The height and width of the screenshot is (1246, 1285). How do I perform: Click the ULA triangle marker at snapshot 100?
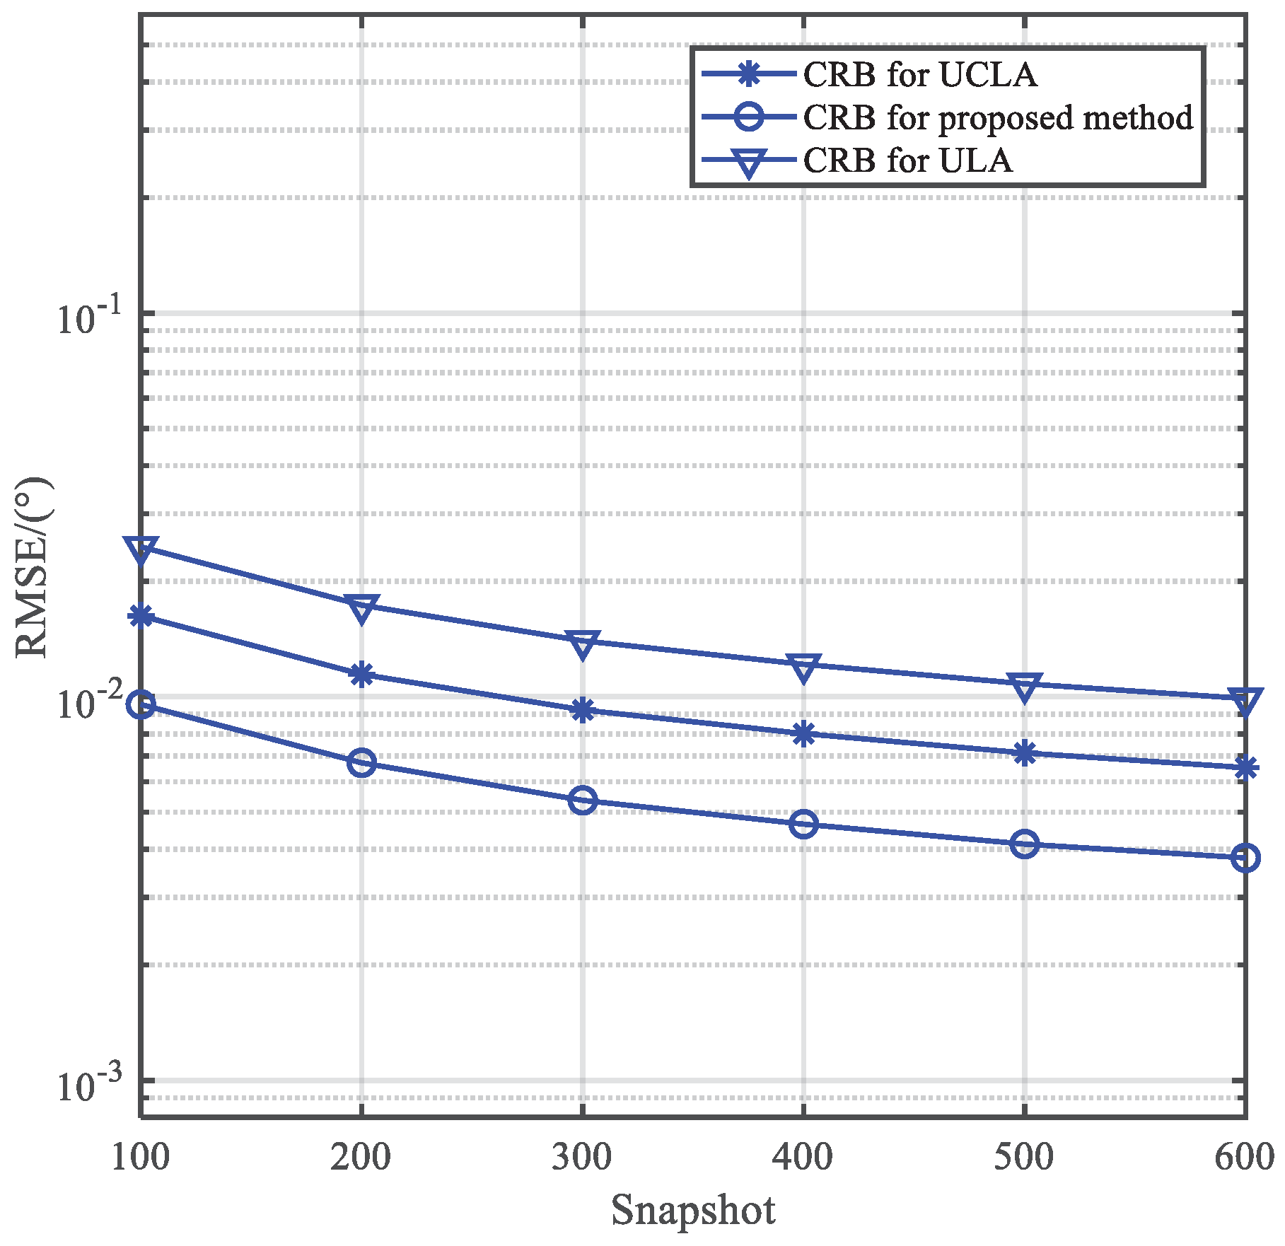[141, 548]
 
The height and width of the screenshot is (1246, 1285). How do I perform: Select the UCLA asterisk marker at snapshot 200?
[361, 674]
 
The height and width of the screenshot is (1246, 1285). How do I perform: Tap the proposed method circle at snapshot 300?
[582, 800]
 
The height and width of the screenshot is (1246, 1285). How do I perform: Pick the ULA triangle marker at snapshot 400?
[803, 665]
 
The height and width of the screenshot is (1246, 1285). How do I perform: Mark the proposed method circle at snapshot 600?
[1245, 858]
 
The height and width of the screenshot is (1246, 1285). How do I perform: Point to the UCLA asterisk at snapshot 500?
[1024, 752]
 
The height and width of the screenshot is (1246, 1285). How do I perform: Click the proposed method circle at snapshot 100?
[141, 704]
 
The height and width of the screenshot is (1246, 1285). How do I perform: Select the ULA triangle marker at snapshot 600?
[1245, 699]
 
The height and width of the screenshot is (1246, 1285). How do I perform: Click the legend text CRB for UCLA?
[919, 75]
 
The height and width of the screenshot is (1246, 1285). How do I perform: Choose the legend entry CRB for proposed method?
[997, 117]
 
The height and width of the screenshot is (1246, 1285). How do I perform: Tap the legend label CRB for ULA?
[907, 161]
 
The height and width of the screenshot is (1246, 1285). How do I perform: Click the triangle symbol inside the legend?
[748, 162]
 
